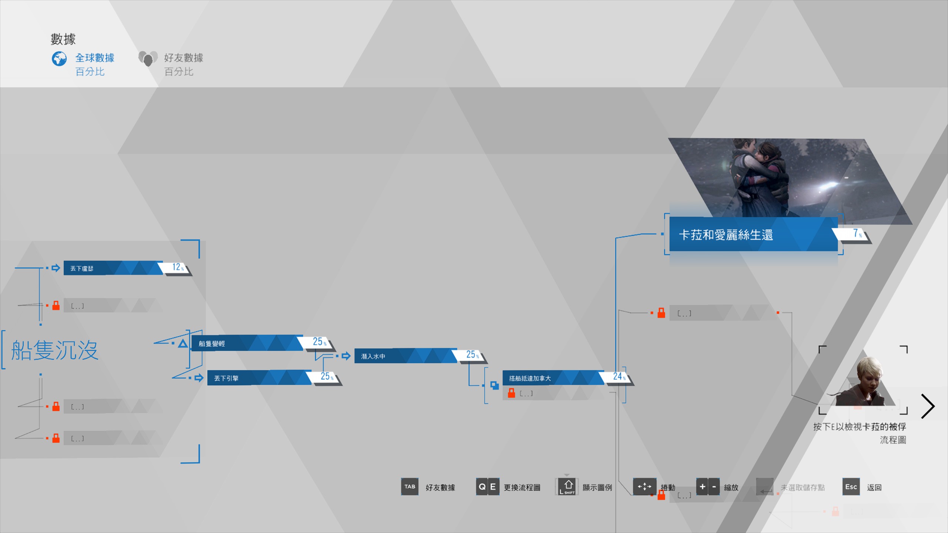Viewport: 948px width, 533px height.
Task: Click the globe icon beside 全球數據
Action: point(59,58)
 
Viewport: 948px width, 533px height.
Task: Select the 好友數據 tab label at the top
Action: point(184,58)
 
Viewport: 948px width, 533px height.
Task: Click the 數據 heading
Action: point(63,39)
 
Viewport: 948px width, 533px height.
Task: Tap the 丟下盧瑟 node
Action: point(113,268)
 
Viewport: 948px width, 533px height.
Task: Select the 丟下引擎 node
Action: point(259,378)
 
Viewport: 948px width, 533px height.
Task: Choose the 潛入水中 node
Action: point(405,356)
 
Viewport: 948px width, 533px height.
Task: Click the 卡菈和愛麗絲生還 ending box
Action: point(753,234)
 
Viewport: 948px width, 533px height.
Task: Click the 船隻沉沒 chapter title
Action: point(55,350)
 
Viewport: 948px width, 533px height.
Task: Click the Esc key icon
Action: point(851,487)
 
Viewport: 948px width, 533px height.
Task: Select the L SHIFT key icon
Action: point(567,487)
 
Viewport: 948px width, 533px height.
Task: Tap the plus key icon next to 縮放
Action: point(702,487)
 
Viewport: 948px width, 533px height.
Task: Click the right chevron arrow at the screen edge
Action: point(928,406)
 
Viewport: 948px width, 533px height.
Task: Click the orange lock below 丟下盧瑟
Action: point(56,305)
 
